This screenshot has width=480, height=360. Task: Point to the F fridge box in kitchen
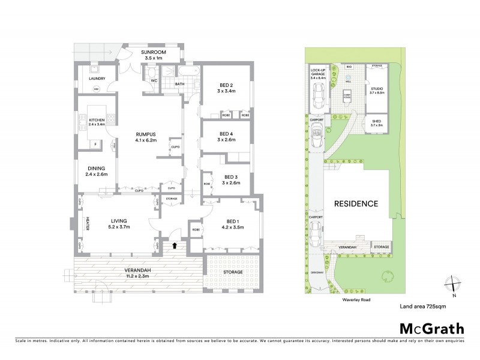pyautogui.click(x=95, y=144)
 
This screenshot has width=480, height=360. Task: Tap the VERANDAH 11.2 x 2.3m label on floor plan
pyautogui.click(x=130, y=272)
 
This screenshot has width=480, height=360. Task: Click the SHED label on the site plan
pyautogui.click(x=377, y=122)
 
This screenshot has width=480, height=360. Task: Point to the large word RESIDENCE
pyautogui.click(x=356, y=203)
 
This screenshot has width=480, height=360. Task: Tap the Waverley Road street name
pyautogui.click(x=349, y=296)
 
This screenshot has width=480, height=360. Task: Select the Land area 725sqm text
pyautogui.click(x=422, y=306)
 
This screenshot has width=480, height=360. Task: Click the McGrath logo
pyautogui.click(x=431, y=328)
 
